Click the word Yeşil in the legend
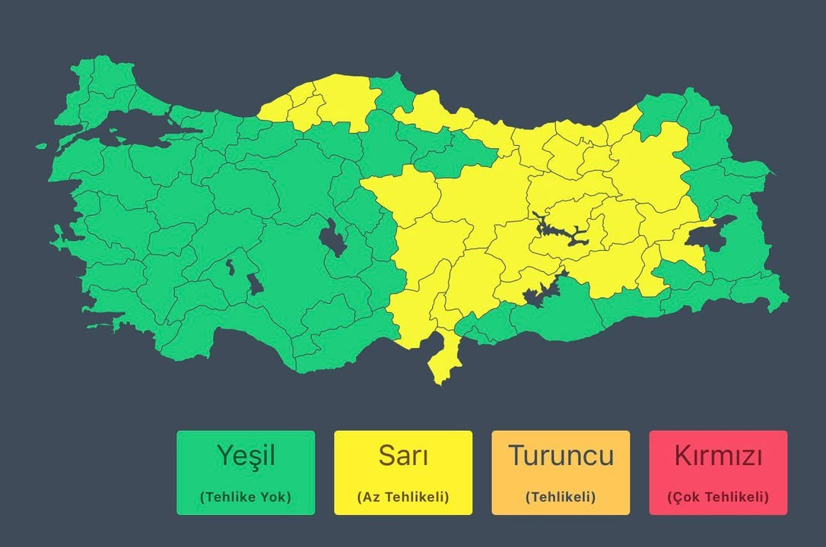point(245,456)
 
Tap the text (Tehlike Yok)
point(245,497)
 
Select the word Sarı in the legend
point(402,456)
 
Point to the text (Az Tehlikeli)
point(402,497)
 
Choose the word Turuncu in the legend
point(561,456)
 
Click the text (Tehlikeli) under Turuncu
point(561,497)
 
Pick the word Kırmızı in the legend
point(718,456)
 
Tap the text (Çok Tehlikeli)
point(718,497)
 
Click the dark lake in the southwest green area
point(254,283)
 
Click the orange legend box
point(561,473)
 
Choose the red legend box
point(718,473)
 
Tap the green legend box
point(245,473)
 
